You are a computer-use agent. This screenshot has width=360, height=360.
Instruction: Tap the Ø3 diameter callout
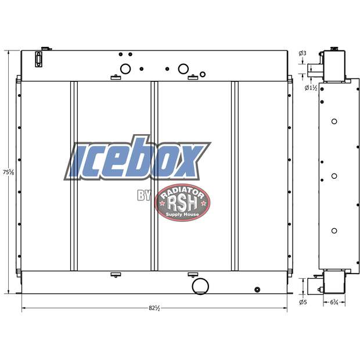click(x=303, y=53)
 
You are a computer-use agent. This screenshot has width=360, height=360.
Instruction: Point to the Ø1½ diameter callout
click(x=311, y=88)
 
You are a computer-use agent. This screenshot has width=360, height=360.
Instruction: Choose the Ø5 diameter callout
click(x=303, y=302)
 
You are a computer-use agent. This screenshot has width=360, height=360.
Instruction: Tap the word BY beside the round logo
click(x=144, y=196)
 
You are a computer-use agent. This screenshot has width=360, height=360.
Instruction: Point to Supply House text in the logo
click(x=182, y=214)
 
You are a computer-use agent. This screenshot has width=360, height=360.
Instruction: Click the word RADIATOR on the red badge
click(x=182, y=191)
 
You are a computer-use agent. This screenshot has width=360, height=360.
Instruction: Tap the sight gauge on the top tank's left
click(x=39, y=60)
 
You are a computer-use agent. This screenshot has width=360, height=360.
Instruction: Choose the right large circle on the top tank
click(x=183, y=69)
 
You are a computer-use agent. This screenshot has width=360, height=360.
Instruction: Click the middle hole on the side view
click(x=334, y=176)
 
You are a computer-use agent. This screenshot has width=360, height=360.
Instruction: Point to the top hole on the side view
click(x=334, y=121)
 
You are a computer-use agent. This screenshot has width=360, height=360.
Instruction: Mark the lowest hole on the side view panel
click(x=334, y=231)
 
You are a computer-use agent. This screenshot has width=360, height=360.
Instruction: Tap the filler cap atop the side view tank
click(x=334, y=49)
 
